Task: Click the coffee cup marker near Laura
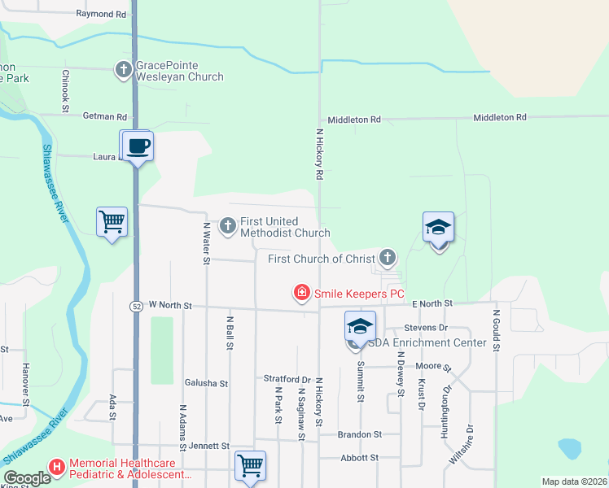pos(137,146)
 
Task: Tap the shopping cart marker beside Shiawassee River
pos(112,221)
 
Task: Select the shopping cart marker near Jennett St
pos(250,466)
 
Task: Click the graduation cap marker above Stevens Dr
pos(360,326)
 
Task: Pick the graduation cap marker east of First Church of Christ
pos(438,227)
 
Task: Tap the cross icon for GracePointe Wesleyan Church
pos(123,70)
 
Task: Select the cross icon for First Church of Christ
pos(388,259)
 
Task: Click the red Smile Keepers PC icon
pos(301,293)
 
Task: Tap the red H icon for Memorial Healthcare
pos(57,467)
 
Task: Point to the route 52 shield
pos(135,306)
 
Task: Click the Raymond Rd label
pos(102,15)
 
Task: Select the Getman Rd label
pos(106,117)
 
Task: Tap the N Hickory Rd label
pos(320,154)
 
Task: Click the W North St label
pos(169,306)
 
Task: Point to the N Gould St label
pos(495,329)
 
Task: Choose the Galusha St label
pos(206,383)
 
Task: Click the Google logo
pos(27,478)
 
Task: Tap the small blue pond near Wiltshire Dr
pos(569,447)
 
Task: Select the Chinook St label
pos(65,89)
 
